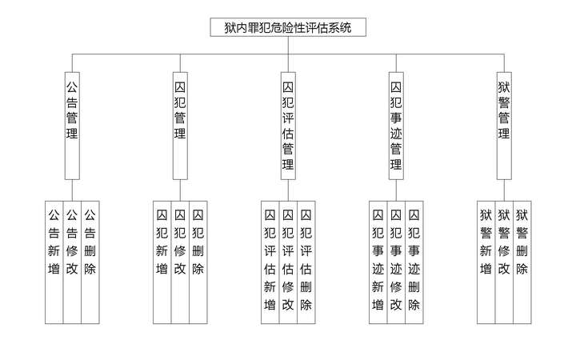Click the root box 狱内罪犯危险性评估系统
[288, 27]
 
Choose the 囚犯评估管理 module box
[288, 124]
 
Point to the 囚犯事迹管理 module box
[395, 124]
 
